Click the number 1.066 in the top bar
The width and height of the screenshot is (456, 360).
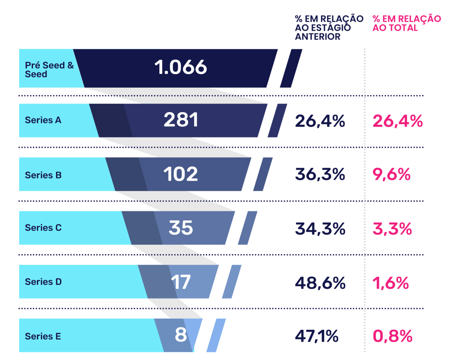click(181, 68)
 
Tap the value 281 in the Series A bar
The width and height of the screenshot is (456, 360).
click(181, 120)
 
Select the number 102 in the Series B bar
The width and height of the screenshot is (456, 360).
click(180, 174)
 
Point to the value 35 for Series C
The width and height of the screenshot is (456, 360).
click(181, 228)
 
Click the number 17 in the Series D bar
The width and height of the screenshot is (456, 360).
click(181, 282)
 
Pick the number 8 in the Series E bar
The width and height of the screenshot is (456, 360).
click(181, 335)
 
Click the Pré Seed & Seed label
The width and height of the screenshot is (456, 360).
click(49, 69)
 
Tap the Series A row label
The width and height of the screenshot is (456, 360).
click(43, 120)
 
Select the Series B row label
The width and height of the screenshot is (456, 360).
click(43, 175)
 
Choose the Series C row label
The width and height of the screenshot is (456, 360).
click(43, 228)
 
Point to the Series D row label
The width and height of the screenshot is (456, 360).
click(43, 282)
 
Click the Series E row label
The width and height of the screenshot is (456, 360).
click(43, 336)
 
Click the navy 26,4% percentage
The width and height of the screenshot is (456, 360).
click(320, 121)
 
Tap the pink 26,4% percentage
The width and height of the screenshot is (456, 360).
click(397, 121)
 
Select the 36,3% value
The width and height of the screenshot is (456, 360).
click(320, 174)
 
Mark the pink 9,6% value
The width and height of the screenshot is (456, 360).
click(391, 174)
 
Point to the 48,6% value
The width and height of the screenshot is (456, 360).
click(320, 282)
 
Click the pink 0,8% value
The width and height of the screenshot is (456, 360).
click(392, 336)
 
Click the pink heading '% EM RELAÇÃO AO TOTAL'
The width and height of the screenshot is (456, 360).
click(407, 23)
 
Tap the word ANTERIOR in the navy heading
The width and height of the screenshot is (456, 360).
click(318, 37)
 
